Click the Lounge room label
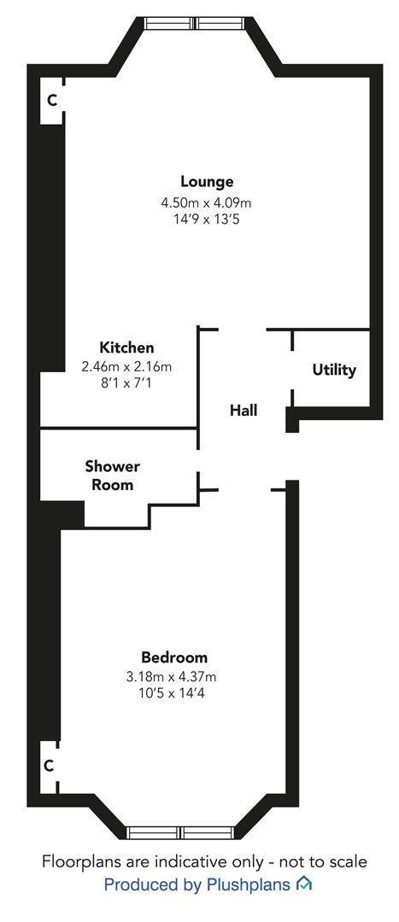pyautogui.click(x=207, y=182)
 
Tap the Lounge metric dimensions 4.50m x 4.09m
pyautogui.click(x=207, y=203)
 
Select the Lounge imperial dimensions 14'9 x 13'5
pyautogui.click(x=207, y=220)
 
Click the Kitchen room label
pyautogui.click(x=126, y=347)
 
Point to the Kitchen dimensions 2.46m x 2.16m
pyautogui.click(x=126, y=367)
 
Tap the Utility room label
pyautogui.click(x=334, y=371)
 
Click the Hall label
pyautogui.click(x=244, y=410)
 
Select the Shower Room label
pyautogui.click(x=113, y=476)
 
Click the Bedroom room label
pyautogui.click(x=174, y=656)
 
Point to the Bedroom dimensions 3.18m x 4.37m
pyautogui.click(x=174, y=676)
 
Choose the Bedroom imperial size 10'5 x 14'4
pyautogui.click(x=174, y=693)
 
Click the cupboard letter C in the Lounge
pyautogui.click(x=52, y=101)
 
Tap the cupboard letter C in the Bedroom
pyautogui.click(x=49, y=766)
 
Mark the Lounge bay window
pyautogui.click(x=195, y=23)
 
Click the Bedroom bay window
pyautogui.click(x=181, y=832)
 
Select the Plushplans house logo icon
pyautogui.click(x=303, y=884)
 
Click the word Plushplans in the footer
pyautogui.click(x=248, y=884)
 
